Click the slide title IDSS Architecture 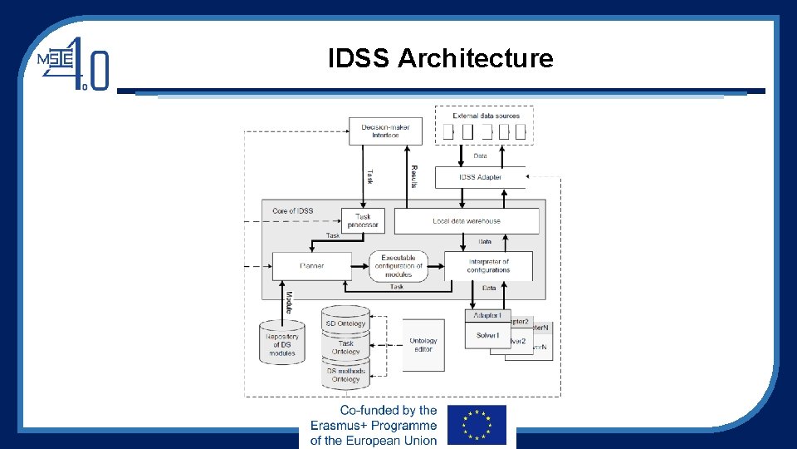[x=440, y=58]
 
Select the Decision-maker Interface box [x=385, y=131]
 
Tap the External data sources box [x=486, y=125]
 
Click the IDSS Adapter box [x=480, y=177]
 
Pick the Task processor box [x=364, y=220]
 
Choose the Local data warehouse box [x=466, y=221]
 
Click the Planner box [x=311, y=266]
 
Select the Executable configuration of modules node [x=398, y=265]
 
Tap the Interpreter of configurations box [x=488, y=265]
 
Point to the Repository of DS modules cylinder [x=282, y=343]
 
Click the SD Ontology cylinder [x=345, y=322]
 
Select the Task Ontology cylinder [x=345, y=348]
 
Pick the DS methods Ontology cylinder [x=345, y=375]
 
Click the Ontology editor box [x=423, y=345]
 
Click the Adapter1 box [x=487, y=316]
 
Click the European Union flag [x=477, y=426]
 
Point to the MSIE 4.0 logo [x=74, y=62]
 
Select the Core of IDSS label [x=292, y=211]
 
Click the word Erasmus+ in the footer [x=339, y=425]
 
